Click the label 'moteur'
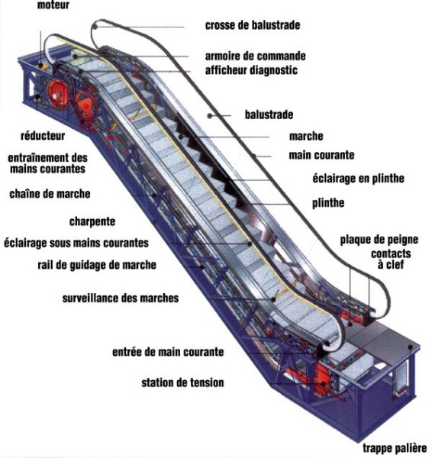53,5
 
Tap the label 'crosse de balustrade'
253,25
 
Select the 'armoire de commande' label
255,56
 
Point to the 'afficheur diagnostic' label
251,70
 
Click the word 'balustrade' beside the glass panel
269,114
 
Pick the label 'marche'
306,136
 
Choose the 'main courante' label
321,155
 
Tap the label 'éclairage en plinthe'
359,178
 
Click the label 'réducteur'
43,136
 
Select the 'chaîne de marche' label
50,194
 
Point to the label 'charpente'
92,221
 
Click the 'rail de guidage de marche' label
97,265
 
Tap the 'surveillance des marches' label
121,298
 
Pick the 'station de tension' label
183,382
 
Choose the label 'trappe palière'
395,448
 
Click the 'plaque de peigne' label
379,240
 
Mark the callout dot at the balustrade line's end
209,116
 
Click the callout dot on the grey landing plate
411,347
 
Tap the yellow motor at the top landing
43,66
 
